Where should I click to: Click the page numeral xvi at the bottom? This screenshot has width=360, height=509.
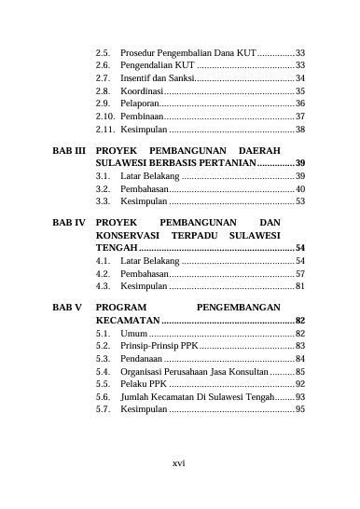click(x=179, y=463)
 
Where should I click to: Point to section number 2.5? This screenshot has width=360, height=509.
click(x=104, y=53)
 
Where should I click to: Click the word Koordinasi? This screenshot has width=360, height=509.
click(x=141, y=92)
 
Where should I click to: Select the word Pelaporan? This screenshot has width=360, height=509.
click(x=140, y=104)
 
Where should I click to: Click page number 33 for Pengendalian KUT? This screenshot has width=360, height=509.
click(x=300, y=66)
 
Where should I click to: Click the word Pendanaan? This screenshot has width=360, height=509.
click(x=142, y=358)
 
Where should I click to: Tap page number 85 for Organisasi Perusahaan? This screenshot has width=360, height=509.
click(x=300, y=371)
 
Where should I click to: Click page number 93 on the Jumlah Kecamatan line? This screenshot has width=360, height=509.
click(x=300, y=397)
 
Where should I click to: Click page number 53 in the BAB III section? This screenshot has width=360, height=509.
click(x=300, y=200)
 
